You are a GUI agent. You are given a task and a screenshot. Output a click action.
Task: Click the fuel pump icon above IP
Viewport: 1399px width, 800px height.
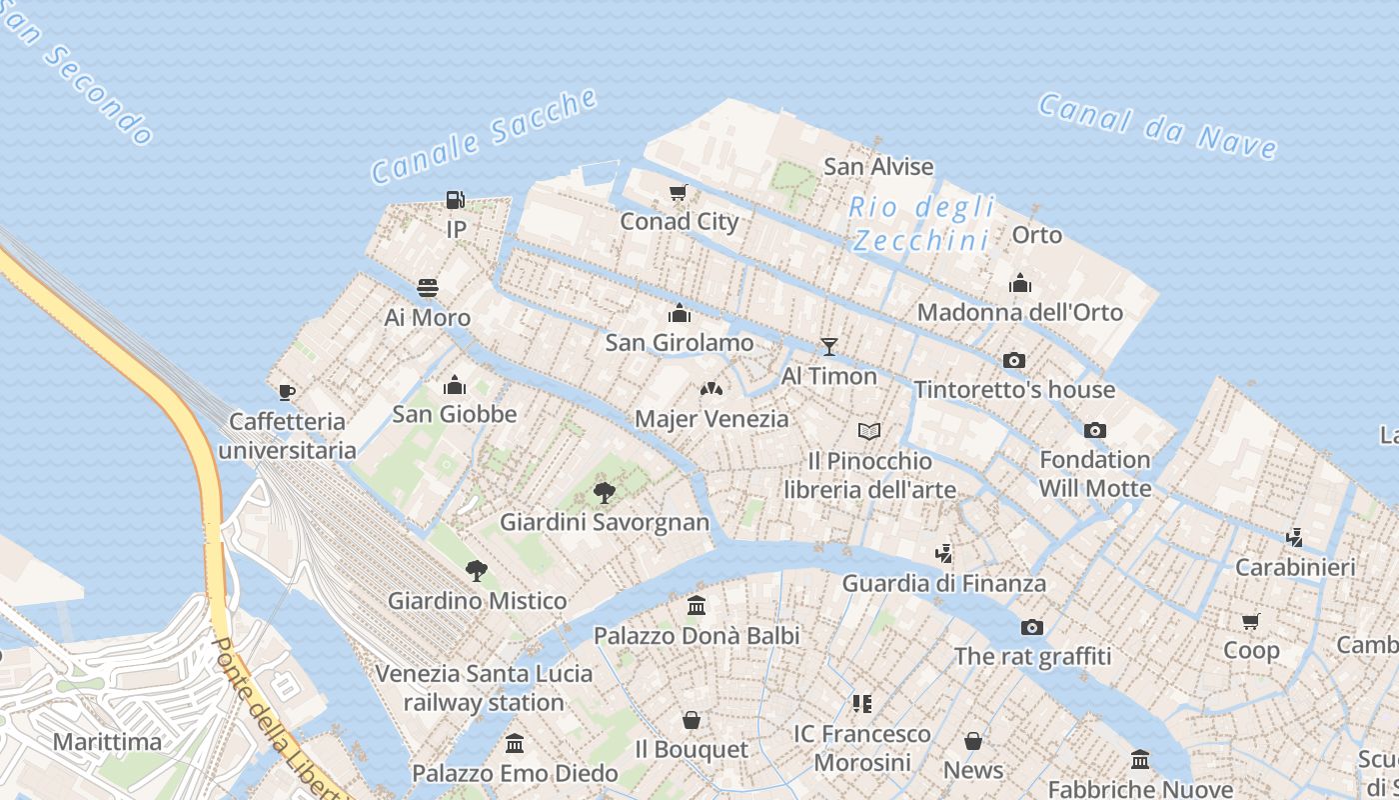[456, 200]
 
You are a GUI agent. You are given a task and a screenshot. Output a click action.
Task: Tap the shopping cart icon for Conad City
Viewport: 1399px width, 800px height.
[679, 192]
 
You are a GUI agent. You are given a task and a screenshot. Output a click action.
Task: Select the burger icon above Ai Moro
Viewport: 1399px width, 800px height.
[428, 289]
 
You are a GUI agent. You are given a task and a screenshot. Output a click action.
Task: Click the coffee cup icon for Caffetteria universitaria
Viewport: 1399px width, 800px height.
[287, 392]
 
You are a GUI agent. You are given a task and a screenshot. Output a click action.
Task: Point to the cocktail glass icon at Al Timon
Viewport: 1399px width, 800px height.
[828, 347]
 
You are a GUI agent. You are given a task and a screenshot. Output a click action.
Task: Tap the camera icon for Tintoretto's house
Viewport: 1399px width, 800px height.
[1014, 360]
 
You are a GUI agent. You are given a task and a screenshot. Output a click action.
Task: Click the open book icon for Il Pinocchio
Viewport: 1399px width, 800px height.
[869, 431]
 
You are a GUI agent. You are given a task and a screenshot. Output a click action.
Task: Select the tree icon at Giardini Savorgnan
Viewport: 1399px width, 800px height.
[604, 492]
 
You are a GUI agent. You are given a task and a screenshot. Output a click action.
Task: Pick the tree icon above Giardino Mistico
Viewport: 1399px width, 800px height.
[477, 571]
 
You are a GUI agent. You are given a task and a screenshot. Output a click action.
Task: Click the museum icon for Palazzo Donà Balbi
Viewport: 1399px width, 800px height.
[697, 606]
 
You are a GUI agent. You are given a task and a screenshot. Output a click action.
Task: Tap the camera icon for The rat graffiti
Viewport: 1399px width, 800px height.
[1032, 627]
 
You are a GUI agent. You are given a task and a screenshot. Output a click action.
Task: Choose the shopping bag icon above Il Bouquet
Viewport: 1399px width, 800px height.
[691, 720]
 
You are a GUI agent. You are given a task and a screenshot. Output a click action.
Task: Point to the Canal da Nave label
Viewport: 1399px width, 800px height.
[1157, 126]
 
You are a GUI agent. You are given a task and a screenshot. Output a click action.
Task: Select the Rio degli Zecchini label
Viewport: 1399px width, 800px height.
[921, 224]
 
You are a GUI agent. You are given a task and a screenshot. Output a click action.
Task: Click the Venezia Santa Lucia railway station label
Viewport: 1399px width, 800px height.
[484, 688]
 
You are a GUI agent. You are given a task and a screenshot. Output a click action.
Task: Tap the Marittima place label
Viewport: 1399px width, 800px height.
[107, 742]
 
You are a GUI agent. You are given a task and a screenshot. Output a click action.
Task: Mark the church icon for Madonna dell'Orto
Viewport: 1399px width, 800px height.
[1020, 283]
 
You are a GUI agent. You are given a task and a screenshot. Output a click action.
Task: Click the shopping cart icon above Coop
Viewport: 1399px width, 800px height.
[1250, 621]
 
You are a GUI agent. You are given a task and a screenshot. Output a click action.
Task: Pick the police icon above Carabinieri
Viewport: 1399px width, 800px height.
[1295, 538]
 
